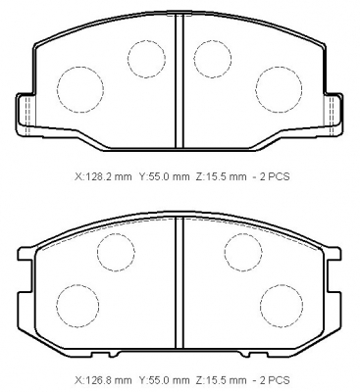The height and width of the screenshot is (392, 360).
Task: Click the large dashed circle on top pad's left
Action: click(x=57, y=90)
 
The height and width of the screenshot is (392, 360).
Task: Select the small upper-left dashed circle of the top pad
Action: click(x=128, y=59)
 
